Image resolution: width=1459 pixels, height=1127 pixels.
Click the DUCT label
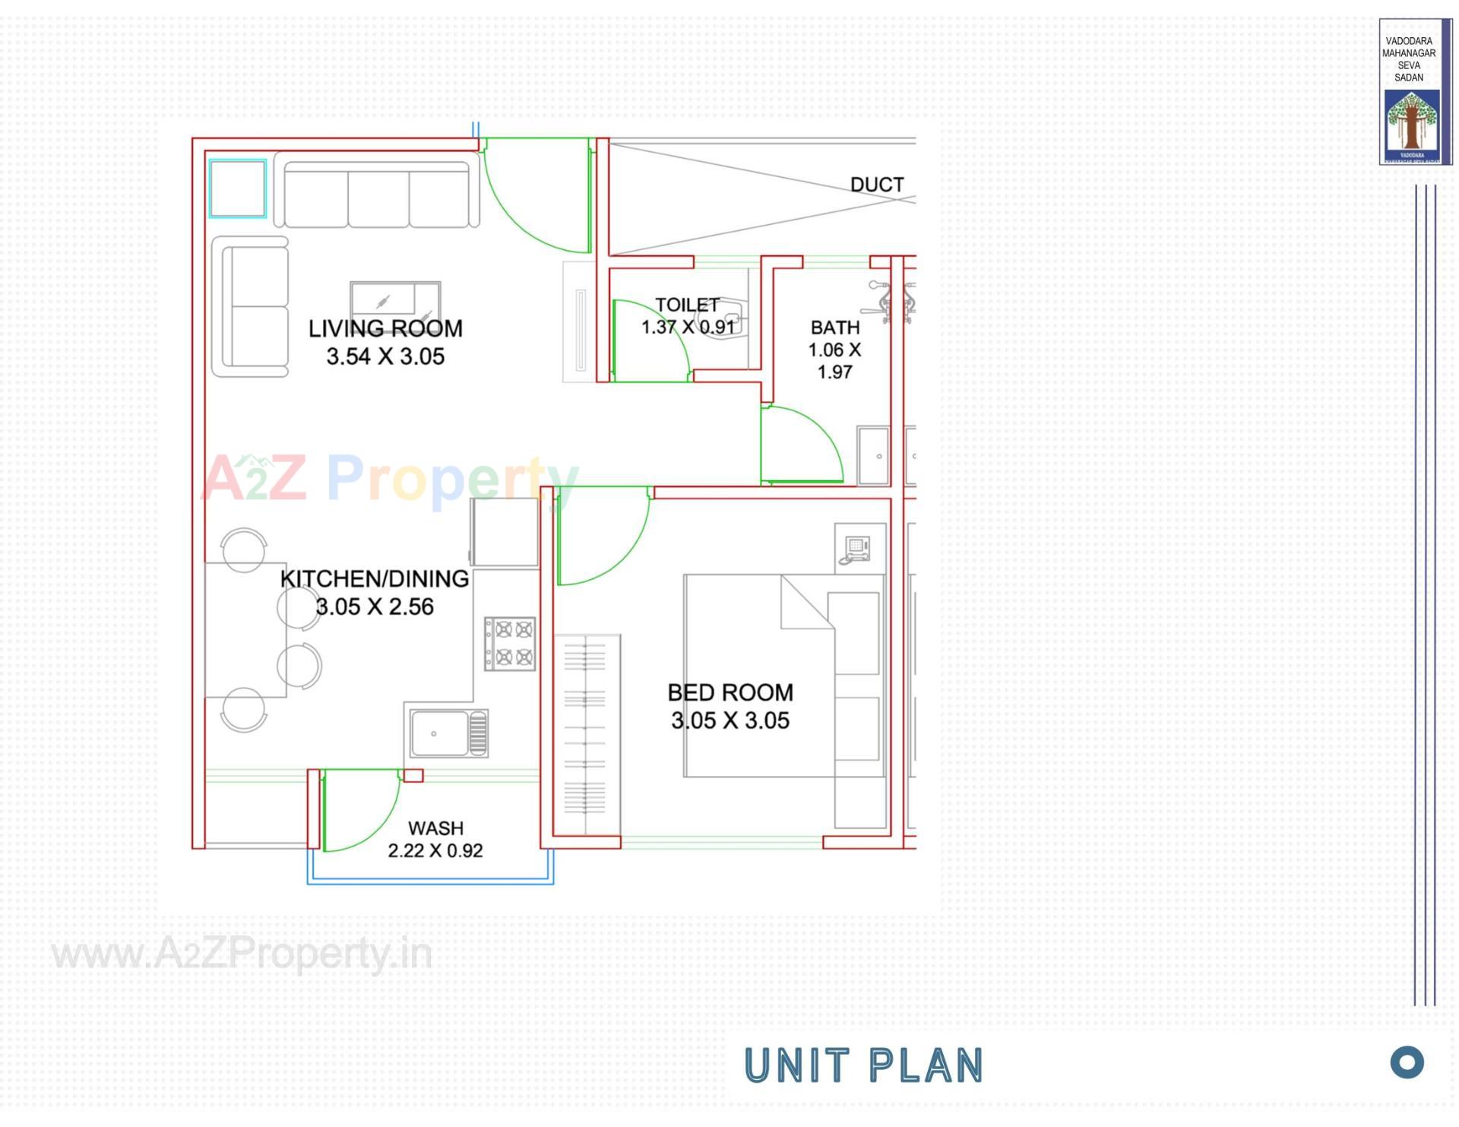[876, 185]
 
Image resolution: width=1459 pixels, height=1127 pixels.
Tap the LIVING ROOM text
[385, 328]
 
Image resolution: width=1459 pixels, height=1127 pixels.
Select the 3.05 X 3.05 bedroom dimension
[729, 720]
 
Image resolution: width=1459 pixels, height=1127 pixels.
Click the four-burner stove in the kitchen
[510, 643]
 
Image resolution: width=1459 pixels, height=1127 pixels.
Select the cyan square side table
[238, 188]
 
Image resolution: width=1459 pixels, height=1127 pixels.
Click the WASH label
[435, 828]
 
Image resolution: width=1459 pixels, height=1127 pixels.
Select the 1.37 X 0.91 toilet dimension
[688, 327]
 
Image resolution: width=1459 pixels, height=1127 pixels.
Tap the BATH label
[835, 328]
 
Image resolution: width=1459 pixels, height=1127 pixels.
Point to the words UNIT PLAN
[863, 1065]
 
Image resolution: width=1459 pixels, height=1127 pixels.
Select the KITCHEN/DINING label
[375, 579]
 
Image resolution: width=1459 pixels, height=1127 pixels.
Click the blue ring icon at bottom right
[1407, 1062]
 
